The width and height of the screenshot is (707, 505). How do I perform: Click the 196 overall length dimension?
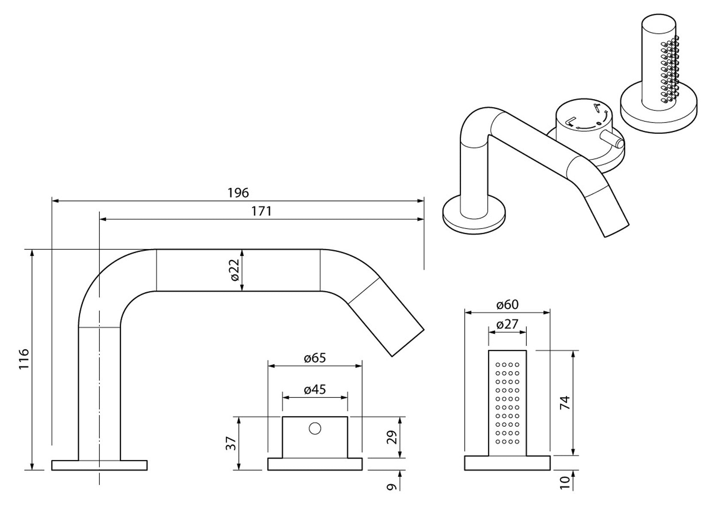tap(238, 192)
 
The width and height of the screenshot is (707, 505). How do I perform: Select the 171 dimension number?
tap(261, 211)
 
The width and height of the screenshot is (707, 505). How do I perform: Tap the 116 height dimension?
tap(24, 359)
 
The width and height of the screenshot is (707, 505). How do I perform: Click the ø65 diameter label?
tap(315, 358)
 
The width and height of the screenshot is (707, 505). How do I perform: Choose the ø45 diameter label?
tap(315, 389)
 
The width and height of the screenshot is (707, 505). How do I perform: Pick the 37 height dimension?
tap(231, 443)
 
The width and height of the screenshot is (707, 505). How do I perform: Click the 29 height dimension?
tap(392, 437)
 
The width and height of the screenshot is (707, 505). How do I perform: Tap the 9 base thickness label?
tap(392, 487)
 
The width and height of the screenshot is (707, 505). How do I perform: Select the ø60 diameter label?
tap(507, 304)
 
